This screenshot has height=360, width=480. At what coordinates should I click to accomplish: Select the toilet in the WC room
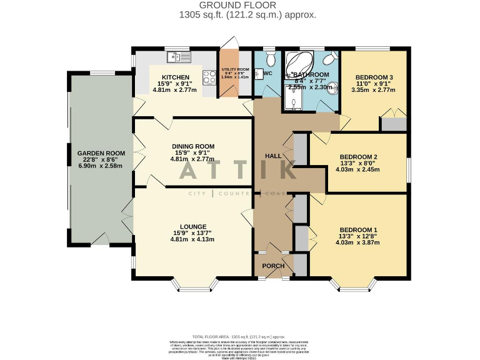point(270,60)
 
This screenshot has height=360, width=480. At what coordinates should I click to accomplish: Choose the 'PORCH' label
point(273,266)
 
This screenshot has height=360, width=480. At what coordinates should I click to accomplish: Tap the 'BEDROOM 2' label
point(358,157)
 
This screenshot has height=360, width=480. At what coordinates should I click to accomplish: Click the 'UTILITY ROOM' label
point(235,69)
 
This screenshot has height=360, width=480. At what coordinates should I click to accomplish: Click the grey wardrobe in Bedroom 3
point(394,123)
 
